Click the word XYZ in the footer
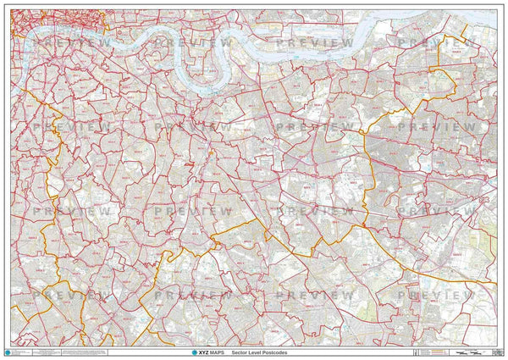pos(203,352)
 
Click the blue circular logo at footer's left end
pos(8,352)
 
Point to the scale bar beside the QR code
pos(466,352)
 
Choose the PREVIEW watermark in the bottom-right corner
pos(436,294)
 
